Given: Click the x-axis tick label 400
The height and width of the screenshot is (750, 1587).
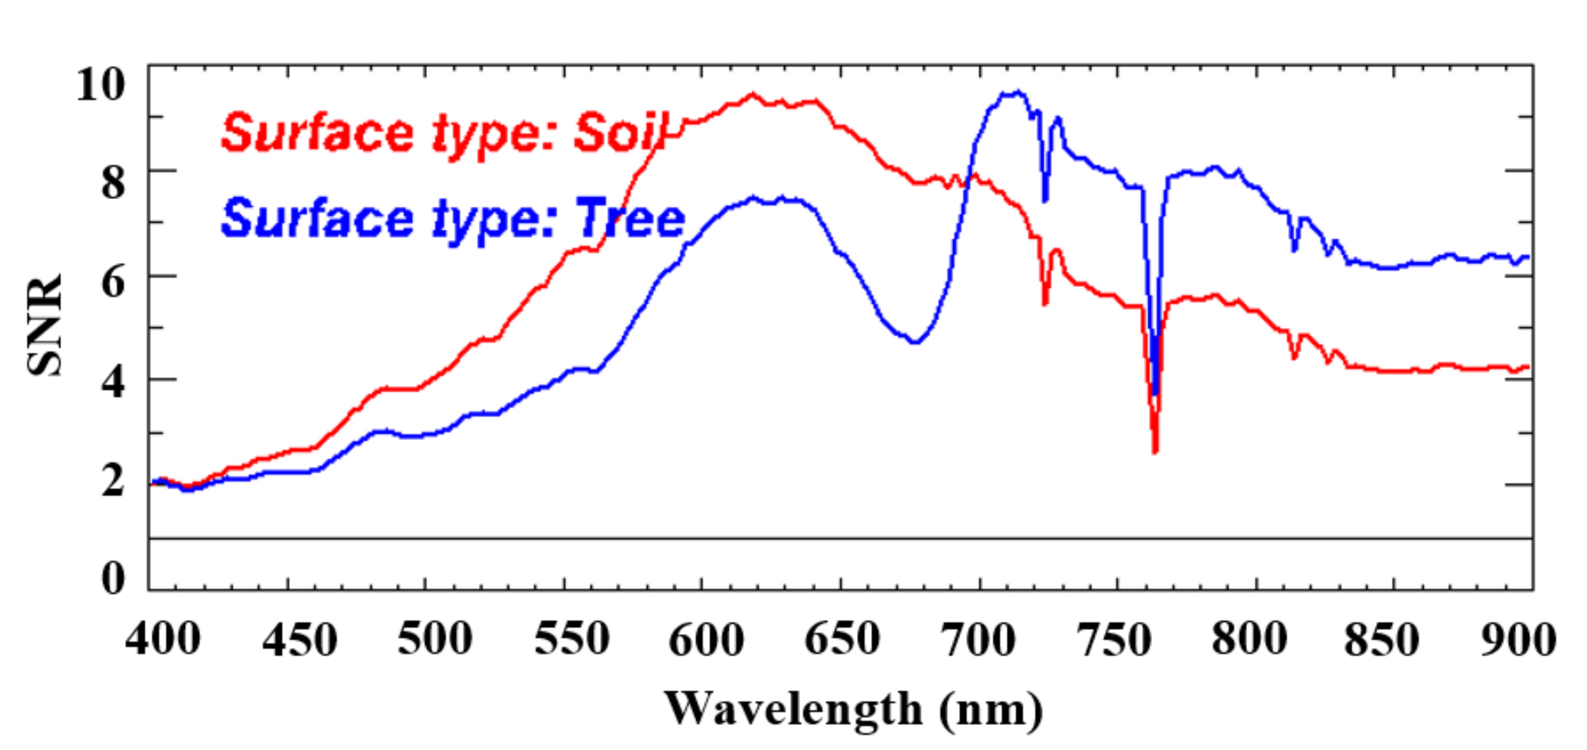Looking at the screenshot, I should click(x=163, y=640).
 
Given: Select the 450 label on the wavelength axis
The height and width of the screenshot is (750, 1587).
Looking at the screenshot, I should click(x=300, y=640).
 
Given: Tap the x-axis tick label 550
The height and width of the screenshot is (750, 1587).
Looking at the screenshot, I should click(x=572, y=640).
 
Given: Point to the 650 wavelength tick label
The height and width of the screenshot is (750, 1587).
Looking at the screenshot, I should click(x=842, y=640).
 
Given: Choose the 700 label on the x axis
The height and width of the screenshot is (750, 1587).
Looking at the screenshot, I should click(x=977, y=640).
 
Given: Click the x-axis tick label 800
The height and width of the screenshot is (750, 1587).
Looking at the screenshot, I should click(x=1249, y=640).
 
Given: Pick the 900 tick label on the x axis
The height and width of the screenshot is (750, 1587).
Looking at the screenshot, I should click(x=1518, y=640).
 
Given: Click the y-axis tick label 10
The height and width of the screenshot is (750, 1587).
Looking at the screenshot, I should click(x=100, y=84).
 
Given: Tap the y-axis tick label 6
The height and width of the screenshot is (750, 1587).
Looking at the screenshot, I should click(x=113, y=283).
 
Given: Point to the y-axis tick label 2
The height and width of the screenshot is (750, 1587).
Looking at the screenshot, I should click(x=113, y=481).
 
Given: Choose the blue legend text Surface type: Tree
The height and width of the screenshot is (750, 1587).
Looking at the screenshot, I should click(x=453, y=219).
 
